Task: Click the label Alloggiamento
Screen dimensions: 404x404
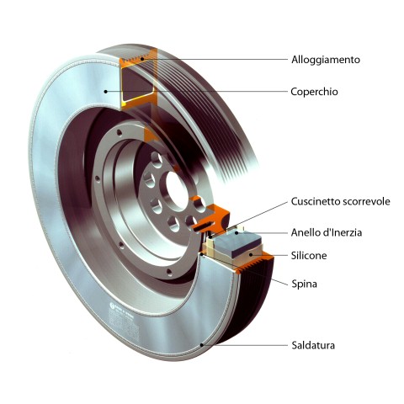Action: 326,60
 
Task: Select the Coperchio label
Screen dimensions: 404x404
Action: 314,92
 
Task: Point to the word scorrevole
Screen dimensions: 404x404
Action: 366,202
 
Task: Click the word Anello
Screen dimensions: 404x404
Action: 305,232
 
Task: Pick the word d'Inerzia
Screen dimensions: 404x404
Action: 342,232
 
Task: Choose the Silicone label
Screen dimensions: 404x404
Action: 309,256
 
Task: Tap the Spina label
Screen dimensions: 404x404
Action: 305,284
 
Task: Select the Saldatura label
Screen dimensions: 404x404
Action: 313,345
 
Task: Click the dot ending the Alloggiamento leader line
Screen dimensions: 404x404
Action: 142,59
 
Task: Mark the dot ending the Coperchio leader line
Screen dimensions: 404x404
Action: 105,91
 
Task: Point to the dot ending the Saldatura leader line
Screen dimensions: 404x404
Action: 201,345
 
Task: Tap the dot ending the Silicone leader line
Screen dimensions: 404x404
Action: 252,255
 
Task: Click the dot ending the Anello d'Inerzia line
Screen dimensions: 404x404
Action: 237,232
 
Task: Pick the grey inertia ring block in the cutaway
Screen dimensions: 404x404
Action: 242,243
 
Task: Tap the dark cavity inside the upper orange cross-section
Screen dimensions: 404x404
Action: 136,83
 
